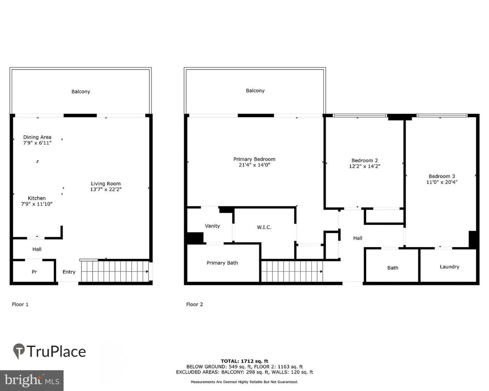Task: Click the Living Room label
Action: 106,184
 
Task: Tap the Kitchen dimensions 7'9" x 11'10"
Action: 37,204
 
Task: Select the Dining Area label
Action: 37,137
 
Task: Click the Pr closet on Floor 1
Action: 34,272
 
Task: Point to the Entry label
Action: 69,272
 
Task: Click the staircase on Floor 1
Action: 115,271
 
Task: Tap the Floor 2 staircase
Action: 292,271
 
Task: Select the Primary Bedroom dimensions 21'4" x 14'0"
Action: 254,165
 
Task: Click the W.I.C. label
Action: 264,227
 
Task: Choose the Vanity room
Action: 212,226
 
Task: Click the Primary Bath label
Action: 222,263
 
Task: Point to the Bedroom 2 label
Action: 364,160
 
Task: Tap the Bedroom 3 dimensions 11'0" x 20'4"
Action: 442,182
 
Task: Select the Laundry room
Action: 449,267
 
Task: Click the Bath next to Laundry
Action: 393,268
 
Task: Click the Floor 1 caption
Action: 20,304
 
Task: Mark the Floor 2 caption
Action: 194,304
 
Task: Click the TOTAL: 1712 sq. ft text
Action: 244,361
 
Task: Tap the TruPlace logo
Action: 50,351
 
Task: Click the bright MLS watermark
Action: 32,380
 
